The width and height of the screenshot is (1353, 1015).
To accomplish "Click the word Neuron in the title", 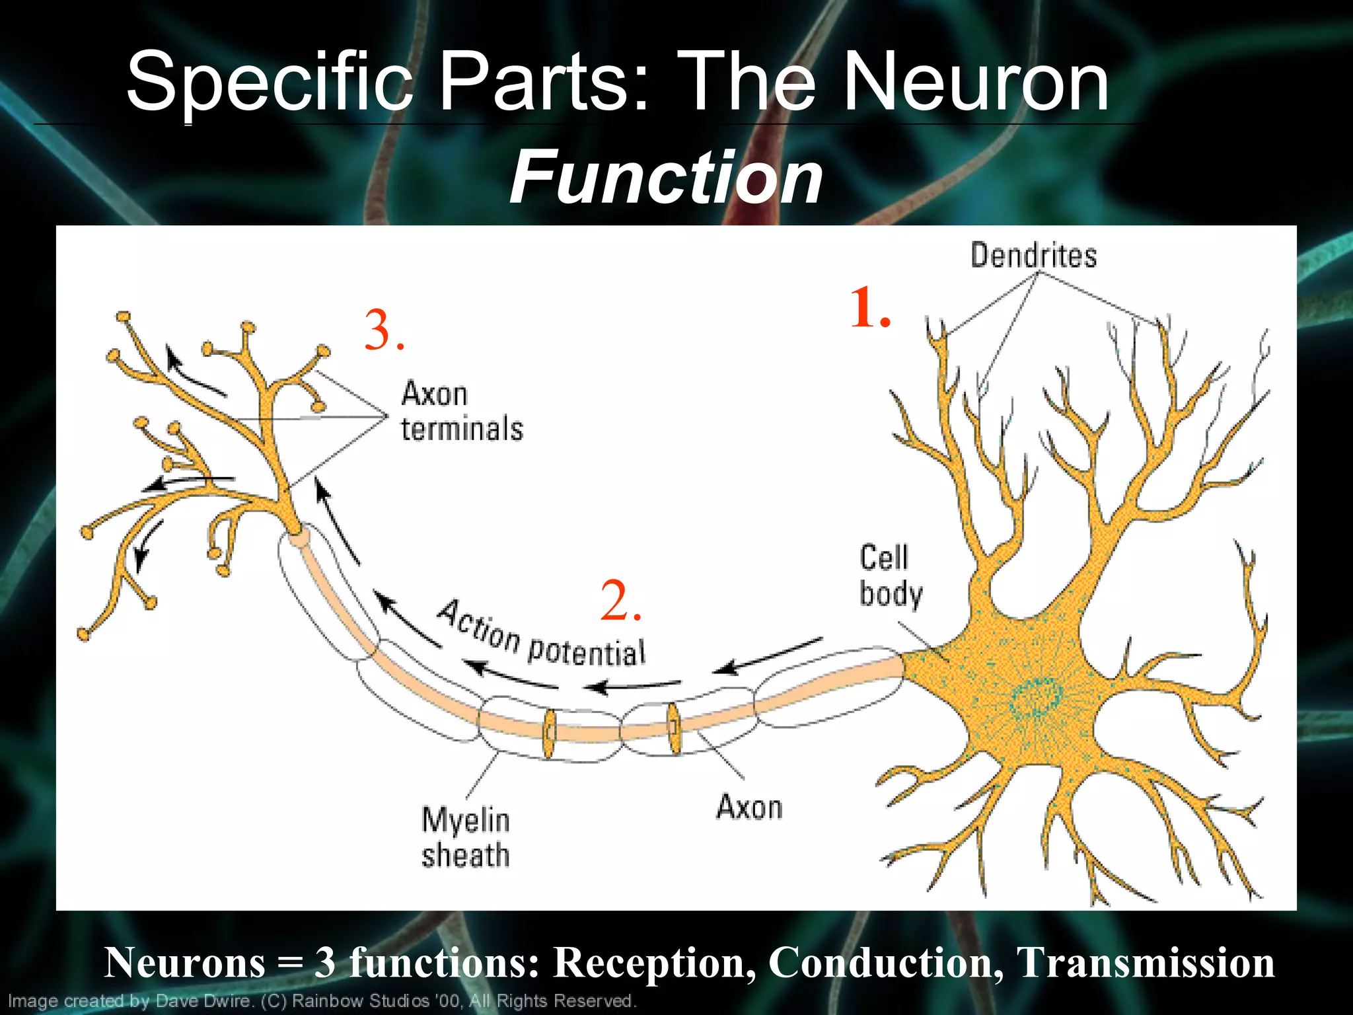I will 976,83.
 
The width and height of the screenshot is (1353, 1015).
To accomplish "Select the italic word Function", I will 666,177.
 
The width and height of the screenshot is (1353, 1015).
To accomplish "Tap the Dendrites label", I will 1033,256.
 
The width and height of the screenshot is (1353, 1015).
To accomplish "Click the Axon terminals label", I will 461,411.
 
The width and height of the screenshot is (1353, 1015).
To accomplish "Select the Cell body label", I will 890,576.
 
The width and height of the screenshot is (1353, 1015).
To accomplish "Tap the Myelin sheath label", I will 466,837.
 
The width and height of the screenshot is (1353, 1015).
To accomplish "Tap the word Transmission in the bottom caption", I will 1146,963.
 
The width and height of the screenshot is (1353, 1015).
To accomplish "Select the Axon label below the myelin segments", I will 749,808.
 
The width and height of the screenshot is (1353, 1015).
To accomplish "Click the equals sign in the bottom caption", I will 289,964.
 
